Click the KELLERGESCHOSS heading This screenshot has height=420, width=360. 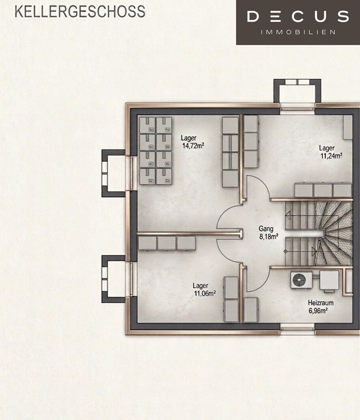click(x=80, y=11)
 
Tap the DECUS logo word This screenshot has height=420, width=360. click(x=298, y=16)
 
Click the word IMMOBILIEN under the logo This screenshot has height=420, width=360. click(x=298, y=32)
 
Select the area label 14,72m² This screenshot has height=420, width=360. click(x=193, y=146)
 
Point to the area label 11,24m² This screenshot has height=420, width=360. click(x=331, y=156)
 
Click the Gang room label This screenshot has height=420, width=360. click(x=266, y=229)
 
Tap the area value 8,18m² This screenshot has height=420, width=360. click(x=269, y=237)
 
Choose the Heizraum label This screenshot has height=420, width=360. click(x=320, y=303)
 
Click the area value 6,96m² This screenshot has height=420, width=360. click(x=318, y=311)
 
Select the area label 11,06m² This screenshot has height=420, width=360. click(x=205, y=294)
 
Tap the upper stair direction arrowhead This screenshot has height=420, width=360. click(x=288, y=215)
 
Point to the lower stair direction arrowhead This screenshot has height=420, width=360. click(x=314, y=251)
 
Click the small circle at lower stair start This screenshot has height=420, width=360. click(x=285, y=252)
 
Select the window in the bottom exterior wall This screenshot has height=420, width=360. click(x=297, y=329)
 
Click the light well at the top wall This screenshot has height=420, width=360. click(x=297, y=91)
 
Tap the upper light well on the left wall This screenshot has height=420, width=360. click(x=114, y=173)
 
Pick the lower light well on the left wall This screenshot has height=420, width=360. click(x=114, y=279)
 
